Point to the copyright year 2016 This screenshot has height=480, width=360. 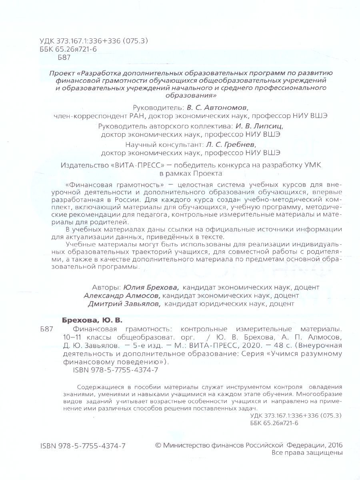pos(334,445)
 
